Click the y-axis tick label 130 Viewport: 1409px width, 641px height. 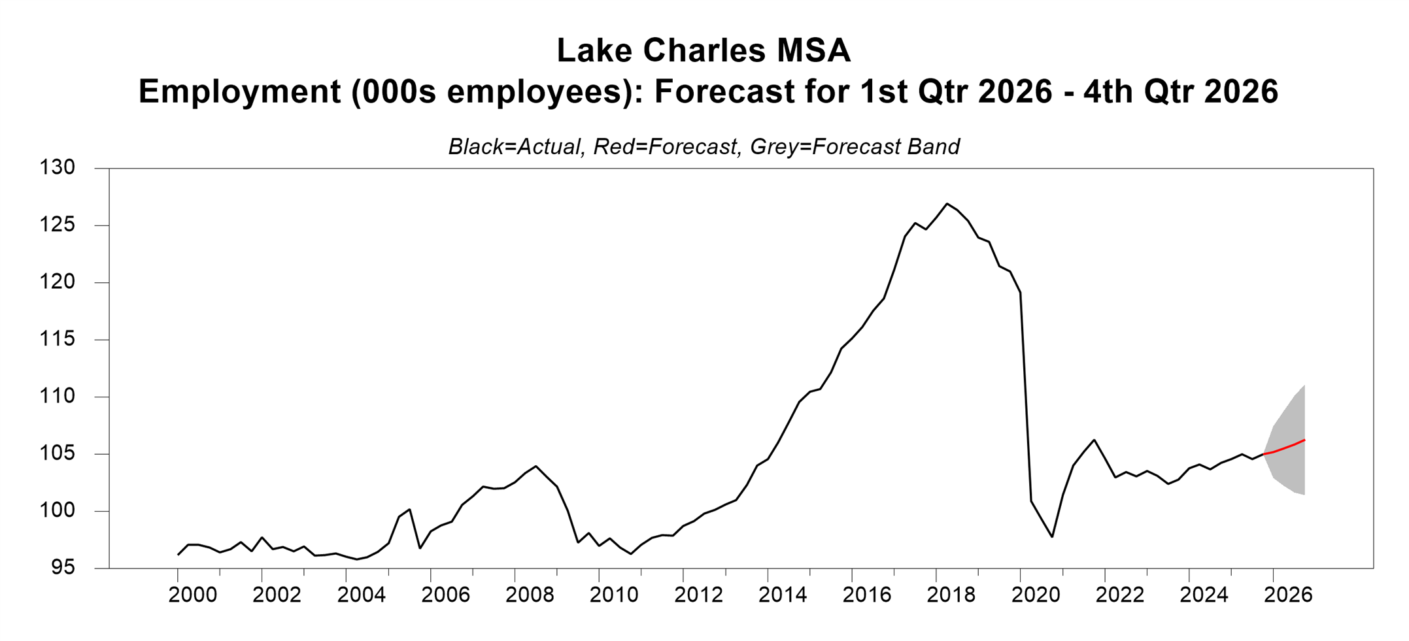(x=58, y=168)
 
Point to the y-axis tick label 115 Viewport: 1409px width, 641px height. (x=58, y=339)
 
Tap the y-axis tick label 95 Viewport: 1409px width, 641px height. (x=64, y=568)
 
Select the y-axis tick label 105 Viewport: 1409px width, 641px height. (x=58, y=453)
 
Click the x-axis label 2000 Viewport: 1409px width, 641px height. (x=193, y=595)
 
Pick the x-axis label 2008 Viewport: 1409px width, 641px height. (x=530, y=595)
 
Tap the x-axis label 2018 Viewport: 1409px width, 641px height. (x=951, y=595)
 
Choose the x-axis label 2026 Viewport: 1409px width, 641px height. (x=1288, y=595)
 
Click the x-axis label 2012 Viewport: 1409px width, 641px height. (x=699, y=595)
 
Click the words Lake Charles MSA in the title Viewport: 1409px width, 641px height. (x=704, y=51)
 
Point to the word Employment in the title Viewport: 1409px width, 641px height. (x=239, y=91)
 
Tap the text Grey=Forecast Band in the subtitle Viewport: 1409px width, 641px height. (x=855, y=146)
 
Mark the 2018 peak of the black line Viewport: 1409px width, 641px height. (x=947, y=204)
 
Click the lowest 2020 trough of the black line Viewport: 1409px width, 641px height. (x=1052, y=536)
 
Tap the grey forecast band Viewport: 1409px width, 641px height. (x=1291, y=470)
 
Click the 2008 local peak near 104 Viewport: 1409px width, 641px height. (x=536, y=467)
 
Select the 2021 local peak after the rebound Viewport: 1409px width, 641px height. (x=1094, y=440)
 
